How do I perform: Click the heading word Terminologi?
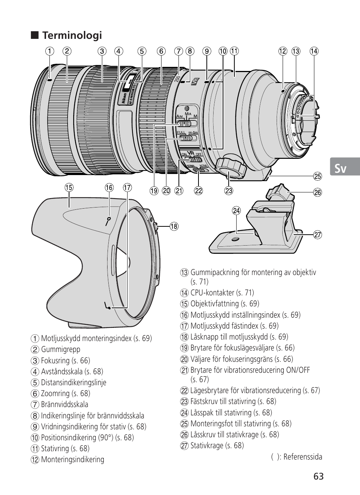[72, 35]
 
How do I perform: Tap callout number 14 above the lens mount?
[314, 51]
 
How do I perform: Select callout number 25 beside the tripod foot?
[318, 176]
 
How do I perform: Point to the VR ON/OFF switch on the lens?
[193, 159]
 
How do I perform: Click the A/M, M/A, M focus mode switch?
[187, 123]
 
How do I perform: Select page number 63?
[318, 476]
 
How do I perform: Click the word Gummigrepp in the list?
[61, 349]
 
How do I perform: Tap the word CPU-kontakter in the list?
[212, 292]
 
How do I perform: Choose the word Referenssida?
[303, 457]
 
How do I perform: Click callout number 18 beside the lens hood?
[174, 226]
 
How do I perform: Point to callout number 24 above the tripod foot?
[236, 211]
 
